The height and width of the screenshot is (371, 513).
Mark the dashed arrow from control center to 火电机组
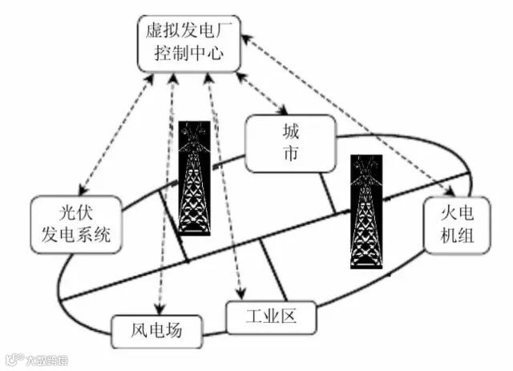click(353, 112)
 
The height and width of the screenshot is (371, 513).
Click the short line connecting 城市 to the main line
click(329, 193)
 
